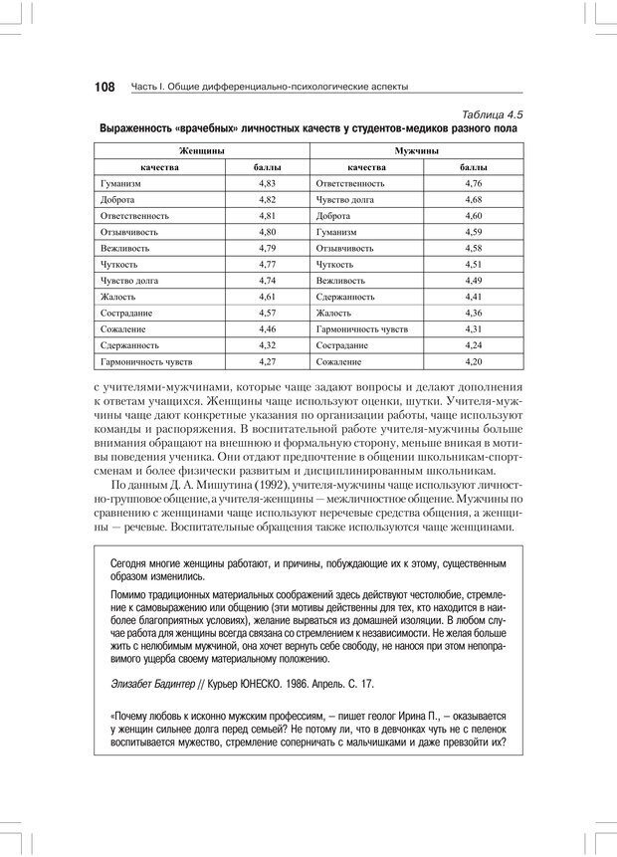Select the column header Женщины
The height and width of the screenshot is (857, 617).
click(x=201, y=150)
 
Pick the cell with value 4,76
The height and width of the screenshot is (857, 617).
click(x=473, y=184)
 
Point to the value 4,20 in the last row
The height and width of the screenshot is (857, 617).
click(x=473, y=360)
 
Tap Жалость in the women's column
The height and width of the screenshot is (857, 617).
click(x=118, y=297)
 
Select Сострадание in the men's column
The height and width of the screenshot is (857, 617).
click(x=342, y=344)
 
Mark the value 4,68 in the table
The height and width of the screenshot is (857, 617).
click(x=473, y=200)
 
